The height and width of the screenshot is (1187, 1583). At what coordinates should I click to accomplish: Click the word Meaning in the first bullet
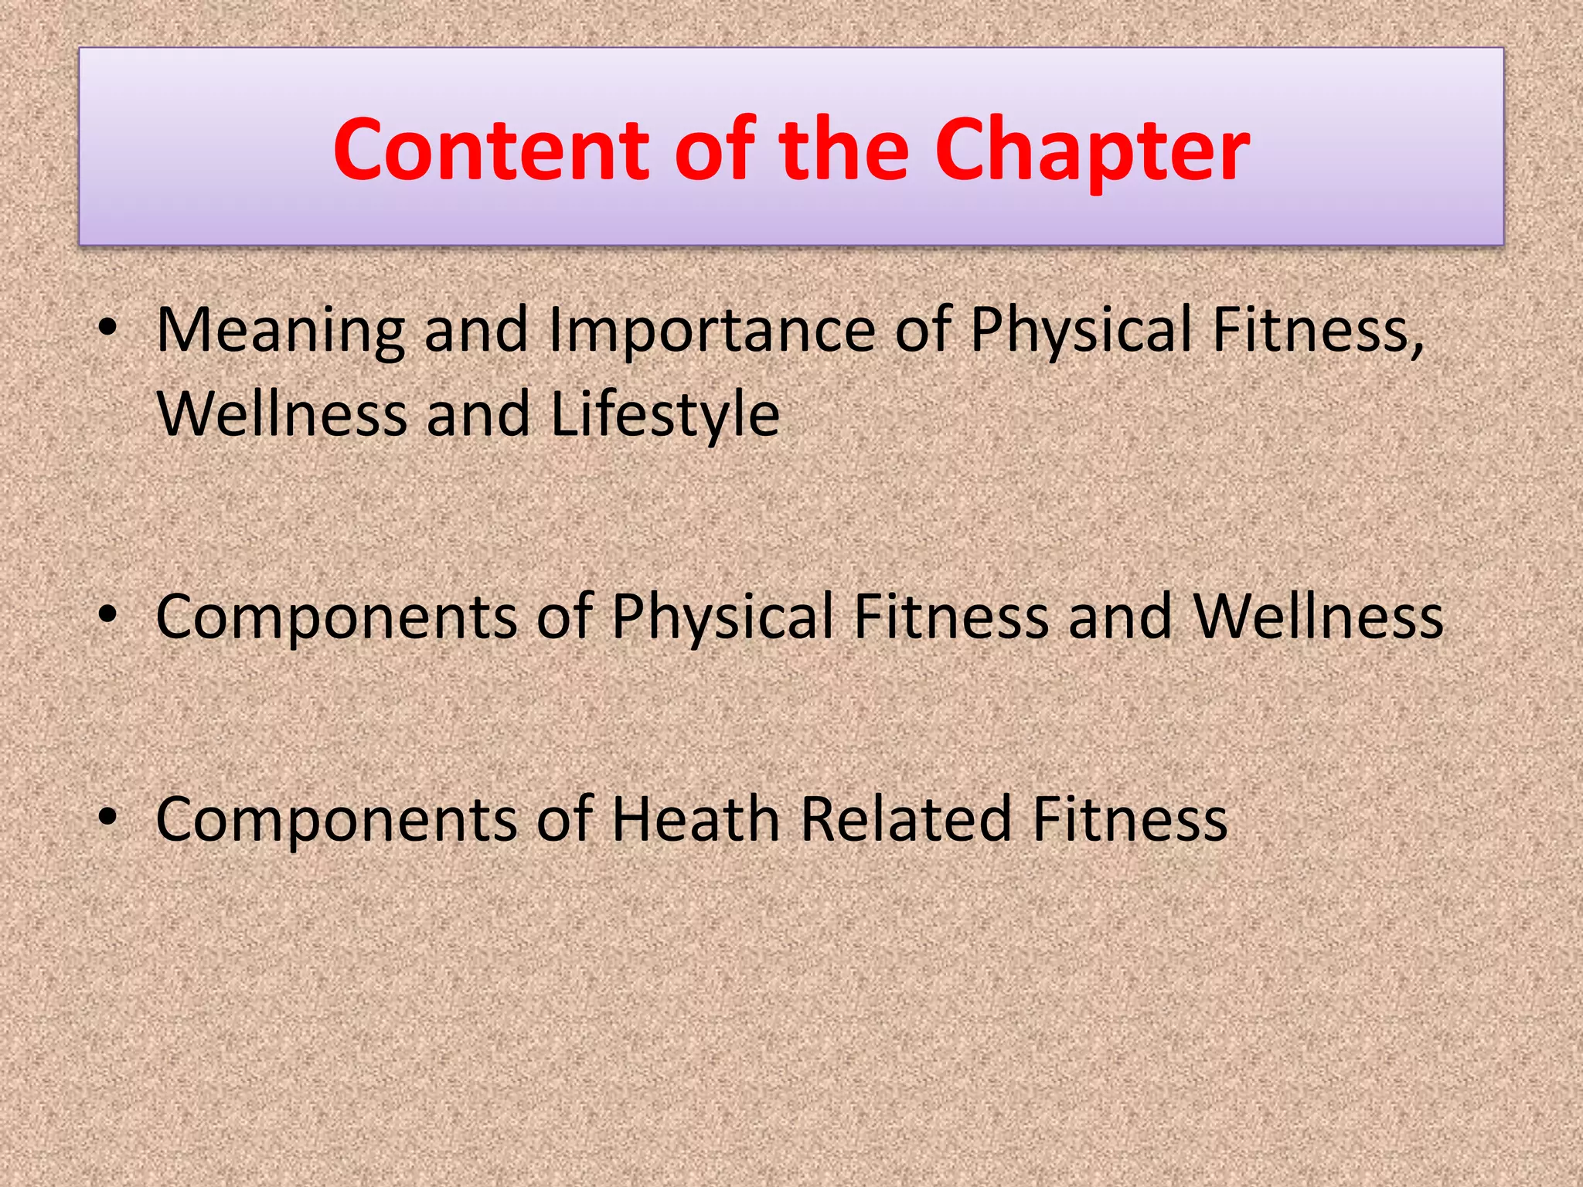pyautogui.click(x=281, y=331)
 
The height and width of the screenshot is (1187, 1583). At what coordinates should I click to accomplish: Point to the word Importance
pyautogui.click(x=711, y=331)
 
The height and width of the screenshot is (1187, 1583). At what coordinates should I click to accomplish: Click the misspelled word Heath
pyautogui.click(x=695, y=818)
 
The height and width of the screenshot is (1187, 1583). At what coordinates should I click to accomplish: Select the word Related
pyautogui.click(x=905, y=818)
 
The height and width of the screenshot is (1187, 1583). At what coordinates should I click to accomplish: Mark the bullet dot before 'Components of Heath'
pyautogui.click(x=107, y=818)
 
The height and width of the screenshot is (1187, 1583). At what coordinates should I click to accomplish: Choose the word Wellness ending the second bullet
pyautogui.click(x=1318, y=617)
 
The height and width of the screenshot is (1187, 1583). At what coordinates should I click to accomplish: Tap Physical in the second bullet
pyautogui.click(x=723, y=617)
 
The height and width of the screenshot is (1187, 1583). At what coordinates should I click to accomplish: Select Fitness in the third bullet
pyautogui.click(x=1129, y=818)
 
